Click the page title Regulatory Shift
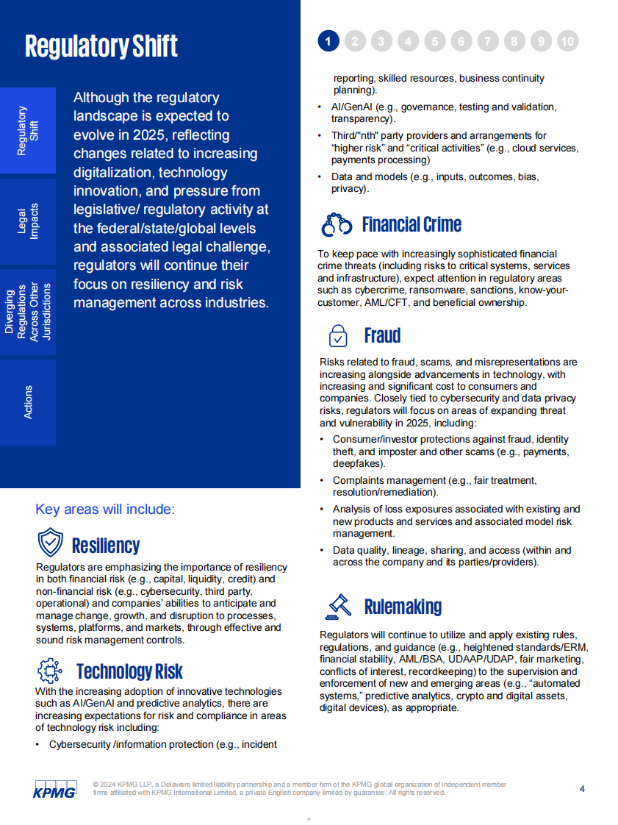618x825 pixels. [101, 46]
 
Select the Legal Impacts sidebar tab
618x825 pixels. [28, 221]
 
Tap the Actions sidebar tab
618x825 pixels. [28, 402]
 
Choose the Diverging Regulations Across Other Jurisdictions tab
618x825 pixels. [28, 312]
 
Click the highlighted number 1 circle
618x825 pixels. [328, 41]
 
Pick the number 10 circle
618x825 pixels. [567, 41]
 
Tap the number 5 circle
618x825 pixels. [434, 41]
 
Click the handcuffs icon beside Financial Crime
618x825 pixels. [337, 225]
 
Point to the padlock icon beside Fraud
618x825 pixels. [337, 335]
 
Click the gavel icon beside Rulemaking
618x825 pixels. [338, 606]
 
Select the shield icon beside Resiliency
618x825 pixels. [50, 544]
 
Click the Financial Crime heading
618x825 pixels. [412, 225]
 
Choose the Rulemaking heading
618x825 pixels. [403, 607]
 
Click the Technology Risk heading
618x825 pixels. [129, 671]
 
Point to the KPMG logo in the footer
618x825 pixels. [54, 788]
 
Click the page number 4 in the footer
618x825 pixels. [582, 789]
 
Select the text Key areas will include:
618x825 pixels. [105, 510]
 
